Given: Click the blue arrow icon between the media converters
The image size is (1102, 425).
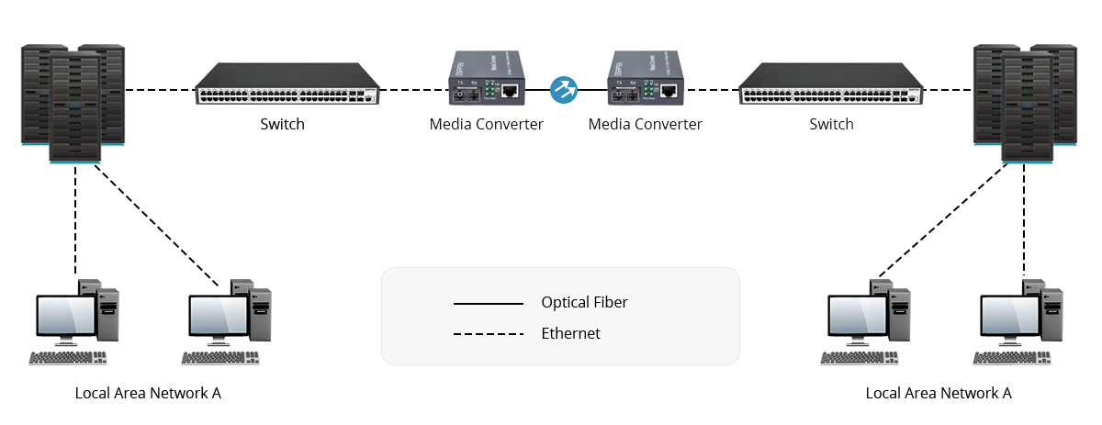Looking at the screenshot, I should (563, 89).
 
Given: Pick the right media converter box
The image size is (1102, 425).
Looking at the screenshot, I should (645, 81).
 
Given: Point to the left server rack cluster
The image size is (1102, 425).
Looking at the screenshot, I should (73, 102).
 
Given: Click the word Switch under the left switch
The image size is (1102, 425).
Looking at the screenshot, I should (282, 124).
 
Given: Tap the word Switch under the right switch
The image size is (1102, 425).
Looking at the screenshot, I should (831, 124).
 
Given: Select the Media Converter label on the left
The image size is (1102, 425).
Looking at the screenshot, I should (486, 124).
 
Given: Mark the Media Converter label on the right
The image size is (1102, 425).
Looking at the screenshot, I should (645, 124).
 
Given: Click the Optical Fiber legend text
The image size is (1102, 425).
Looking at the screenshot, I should (585, 302).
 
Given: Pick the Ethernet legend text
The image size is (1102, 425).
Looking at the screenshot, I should (570, 333).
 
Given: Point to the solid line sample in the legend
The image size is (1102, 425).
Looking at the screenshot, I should (488, 303).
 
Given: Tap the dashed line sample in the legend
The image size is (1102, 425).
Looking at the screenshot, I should (488, 334).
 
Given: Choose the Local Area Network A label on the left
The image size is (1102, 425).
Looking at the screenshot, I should (148, 393).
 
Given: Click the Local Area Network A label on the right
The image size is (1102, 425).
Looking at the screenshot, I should (939, 393).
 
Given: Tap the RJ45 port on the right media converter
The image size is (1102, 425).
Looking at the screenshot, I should (670, 91).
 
